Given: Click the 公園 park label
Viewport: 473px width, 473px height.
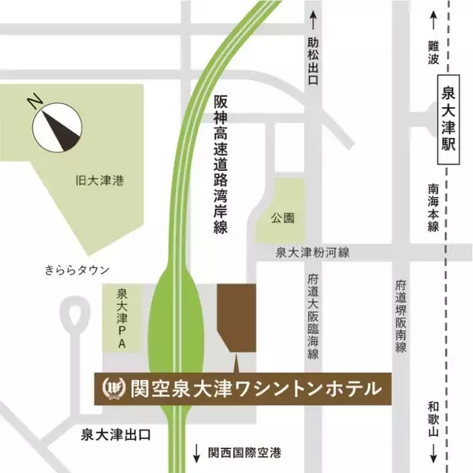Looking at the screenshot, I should click(282, 214).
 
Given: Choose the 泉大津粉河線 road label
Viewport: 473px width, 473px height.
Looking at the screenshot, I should click(312, 252).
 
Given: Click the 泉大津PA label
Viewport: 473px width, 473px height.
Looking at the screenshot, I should click(122, 318).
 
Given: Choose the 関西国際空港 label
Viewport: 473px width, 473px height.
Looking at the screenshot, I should click(245, 454).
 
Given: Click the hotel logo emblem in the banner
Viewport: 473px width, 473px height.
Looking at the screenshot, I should click(115, 388).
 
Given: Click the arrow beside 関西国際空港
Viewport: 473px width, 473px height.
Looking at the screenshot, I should click(196, 454).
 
